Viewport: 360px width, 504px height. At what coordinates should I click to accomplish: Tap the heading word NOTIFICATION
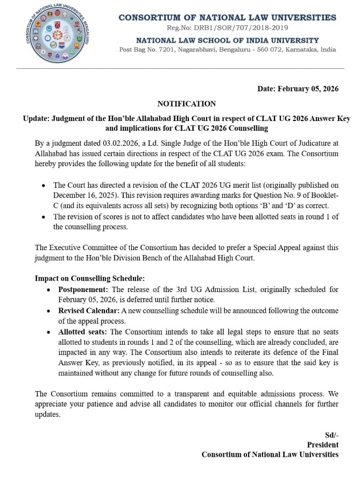pos(187,104)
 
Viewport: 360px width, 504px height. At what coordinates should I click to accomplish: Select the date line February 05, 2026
pos(298,89)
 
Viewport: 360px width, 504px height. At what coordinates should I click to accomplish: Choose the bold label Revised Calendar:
pos(89,310)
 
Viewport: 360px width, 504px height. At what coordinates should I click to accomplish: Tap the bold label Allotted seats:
pos(83,332)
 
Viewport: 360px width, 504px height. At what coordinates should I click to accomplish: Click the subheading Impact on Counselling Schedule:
pos(90,279)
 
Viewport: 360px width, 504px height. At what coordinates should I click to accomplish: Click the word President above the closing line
pos(322,445)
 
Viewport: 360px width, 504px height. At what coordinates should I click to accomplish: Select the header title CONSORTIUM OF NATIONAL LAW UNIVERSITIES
pos(227,18)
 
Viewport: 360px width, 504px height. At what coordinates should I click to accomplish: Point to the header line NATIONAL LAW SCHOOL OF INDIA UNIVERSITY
pos(227,40)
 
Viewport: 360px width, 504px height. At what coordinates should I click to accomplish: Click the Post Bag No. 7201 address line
pos(227,49)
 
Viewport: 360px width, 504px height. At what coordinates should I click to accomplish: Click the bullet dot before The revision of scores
pos(44,217)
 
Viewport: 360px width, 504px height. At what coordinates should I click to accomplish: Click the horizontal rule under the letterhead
pos(180,69)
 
